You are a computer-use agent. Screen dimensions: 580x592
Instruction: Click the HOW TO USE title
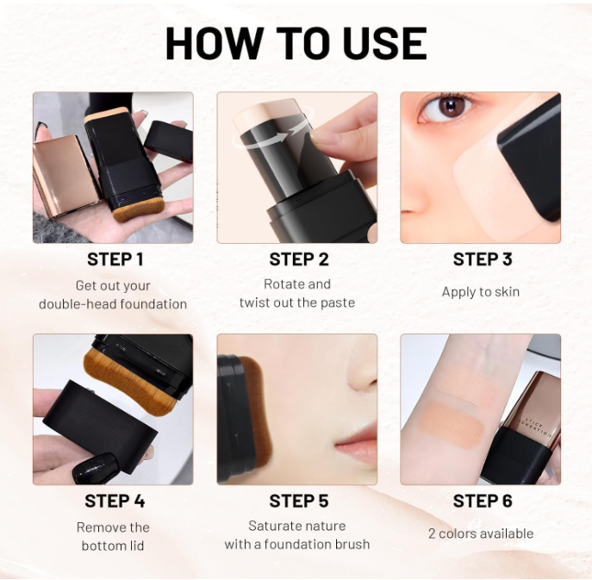pyautogui.click(x=296, y=43)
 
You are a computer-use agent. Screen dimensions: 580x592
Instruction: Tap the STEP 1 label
pyautogui.click(x=115, y=259)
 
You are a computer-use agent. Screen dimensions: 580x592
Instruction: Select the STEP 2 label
pyautogui.click(x=298, y=259)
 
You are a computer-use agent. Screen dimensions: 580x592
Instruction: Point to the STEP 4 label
pyautogui.click(x=115, y=502)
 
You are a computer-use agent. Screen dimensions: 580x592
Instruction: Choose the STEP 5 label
pyautogui.click(x=298, y=502)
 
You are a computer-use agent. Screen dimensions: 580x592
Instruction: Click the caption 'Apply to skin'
pyautogui.click(x=481, y=292)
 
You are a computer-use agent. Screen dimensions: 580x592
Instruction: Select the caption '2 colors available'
pyautogui.click(x=481, y=533)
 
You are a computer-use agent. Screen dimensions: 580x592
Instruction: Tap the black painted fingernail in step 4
pyautogui.click(x=90, y=468)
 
